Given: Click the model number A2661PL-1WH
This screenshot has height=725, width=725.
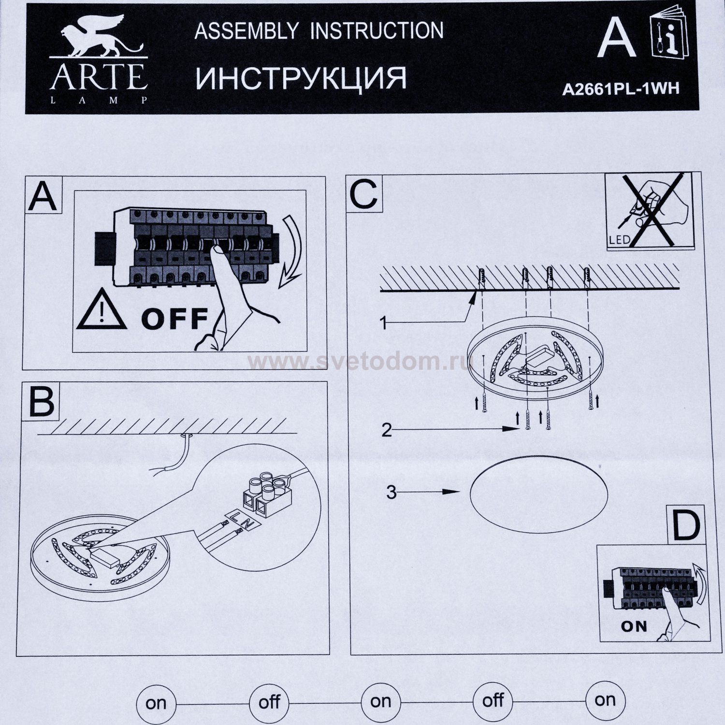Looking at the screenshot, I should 621,89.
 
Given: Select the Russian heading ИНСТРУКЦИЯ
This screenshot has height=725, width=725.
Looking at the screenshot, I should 301,77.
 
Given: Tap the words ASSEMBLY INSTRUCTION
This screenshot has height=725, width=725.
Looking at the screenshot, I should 319,31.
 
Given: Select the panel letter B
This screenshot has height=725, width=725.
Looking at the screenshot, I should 42,401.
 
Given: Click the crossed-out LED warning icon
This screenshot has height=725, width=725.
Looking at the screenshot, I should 649,212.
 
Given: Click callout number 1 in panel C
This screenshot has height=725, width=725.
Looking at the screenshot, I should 384,323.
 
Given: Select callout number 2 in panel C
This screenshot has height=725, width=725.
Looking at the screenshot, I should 386,429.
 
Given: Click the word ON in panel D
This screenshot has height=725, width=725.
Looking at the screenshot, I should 634,626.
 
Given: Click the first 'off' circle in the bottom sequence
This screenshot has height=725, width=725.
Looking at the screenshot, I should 269,702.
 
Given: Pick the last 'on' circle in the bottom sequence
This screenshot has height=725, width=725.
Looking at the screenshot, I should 605,700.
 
